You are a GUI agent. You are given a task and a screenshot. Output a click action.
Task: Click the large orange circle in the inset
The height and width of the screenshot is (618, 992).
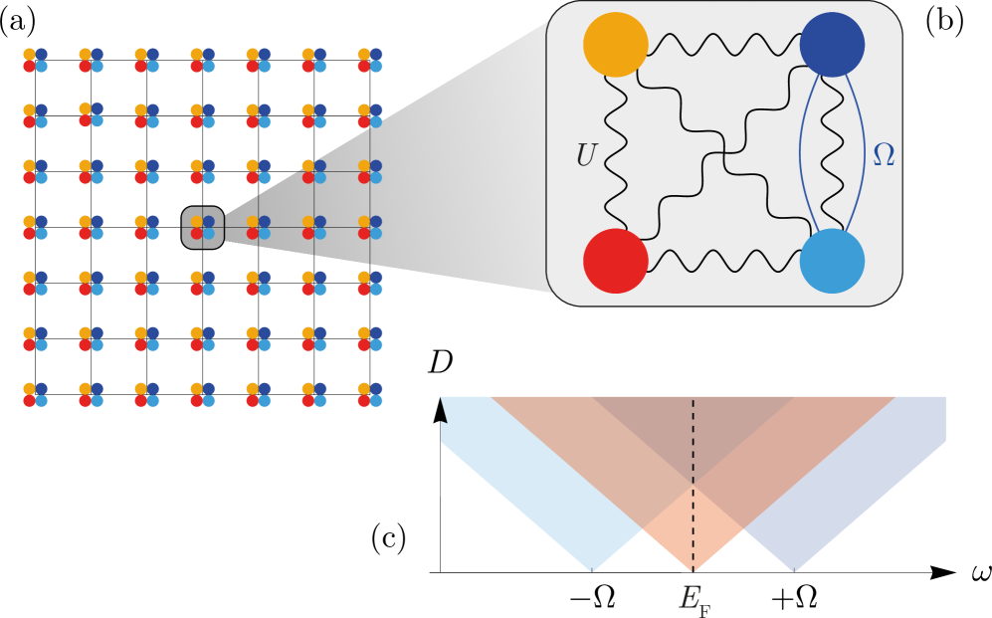(x=615, y=45)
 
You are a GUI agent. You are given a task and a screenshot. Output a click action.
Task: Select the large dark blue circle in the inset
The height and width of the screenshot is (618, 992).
(x=832, y=45)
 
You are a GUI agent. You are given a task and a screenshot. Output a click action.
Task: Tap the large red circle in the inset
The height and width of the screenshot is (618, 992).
(x=615, y=261)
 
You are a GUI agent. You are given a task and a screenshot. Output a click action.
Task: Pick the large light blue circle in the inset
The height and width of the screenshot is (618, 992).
(x=832, y=261)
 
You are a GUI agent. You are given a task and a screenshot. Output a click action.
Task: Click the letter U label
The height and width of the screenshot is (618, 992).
(x=586, y=156)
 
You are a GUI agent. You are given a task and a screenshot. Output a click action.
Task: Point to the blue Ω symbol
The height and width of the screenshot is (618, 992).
(x=883, y=155)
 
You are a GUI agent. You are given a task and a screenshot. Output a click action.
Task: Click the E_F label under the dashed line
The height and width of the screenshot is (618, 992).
(x=694, y=599)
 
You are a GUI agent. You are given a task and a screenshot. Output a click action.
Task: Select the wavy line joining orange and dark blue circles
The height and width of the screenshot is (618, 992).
(x=723, y=45)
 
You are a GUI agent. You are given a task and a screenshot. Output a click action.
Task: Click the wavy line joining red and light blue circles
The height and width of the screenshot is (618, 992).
(x=723, y=261)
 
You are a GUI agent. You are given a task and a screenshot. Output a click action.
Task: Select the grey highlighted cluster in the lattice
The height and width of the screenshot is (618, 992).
(x=203, y=228)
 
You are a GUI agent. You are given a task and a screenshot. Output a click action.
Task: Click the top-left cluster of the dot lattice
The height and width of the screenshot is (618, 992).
(x=36, y=61)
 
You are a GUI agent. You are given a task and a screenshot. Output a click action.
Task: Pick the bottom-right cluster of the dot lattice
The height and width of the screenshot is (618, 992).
(x=370, y=395)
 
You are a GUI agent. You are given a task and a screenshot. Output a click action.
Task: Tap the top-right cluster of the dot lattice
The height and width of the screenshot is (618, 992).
(x=370, y=61)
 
